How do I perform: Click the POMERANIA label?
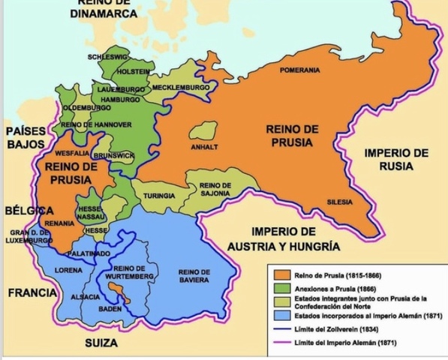[299, 70]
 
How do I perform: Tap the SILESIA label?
[339, 201]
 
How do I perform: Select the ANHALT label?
[204, 147]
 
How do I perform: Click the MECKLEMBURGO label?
[181, 88]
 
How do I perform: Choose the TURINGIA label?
[159, 196]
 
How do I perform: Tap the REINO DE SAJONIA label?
[215, 189]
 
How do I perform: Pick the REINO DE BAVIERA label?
[194, 275]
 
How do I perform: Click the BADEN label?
[110, 308]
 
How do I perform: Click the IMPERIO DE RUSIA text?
[396, 159]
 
